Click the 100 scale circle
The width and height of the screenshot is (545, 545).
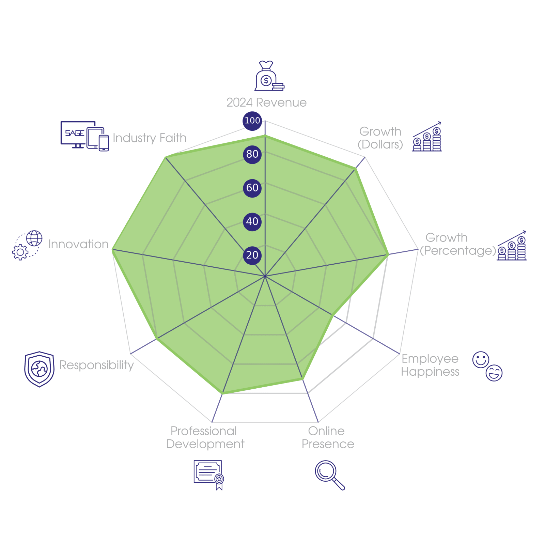click(252, 121)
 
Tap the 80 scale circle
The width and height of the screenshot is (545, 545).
click(252, 154)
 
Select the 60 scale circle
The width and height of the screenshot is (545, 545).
click(252, 188)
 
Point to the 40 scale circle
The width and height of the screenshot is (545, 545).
click(252, 221)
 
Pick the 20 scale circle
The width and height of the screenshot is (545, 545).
click(252, 255)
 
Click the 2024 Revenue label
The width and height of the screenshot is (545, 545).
click(266, 103)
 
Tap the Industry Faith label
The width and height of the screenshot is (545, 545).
click(150, 138)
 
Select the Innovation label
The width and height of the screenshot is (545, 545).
click(78, 244)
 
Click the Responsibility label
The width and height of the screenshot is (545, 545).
click(96, 365)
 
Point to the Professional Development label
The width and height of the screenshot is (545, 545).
click(205, 438)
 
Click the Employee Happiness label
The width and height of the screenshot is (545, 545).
click(430, 365)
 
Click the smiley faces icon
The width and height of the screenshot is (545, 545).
click(487, 366)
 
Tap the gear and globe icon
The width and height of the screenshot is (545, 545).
click(27, 245)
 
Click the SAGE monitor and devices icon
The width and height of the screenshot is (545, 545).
click(84, 136)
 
